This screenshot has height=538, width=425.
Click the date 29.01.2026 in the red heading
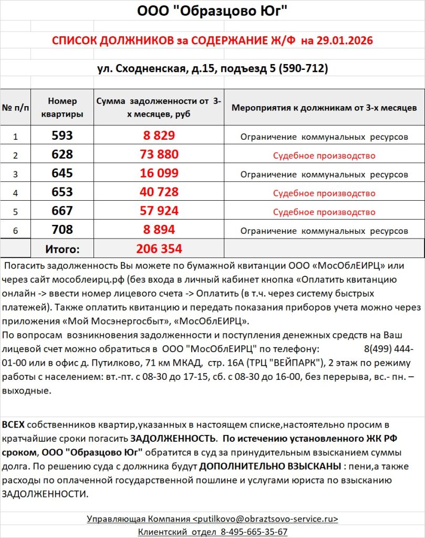point(345,41)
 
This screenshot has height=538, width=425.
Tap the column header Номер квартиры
point(62,107)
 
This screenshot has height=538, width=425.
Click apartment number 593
point(62,136)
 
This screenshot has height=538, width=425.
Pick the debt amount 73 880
point(159,155)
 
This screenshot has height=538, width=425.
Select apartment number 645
point(62,173)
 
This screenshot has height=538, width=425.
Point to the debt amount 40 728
point(159,192)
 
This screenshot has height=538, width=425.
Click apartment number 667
point(62,211)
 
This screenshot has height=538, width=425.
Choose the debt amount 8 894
point(159,230)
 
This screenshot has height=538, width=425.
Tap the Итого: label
point(62,249)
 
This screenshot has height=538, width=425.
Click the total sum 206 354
point(159,249)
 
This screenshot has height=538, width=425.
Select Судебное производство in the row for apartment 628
point(324,156)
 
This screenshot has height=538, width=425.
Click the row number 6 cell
point(15,231)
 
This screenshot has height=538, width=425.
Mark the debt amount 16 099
point(159,173)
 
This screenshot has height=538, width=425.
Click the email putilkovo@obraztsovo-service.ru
point(266,519)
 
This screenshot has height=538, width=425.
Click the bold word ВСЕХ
point(13,425)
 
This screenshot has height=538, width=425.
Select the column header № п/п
point(15,108)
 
